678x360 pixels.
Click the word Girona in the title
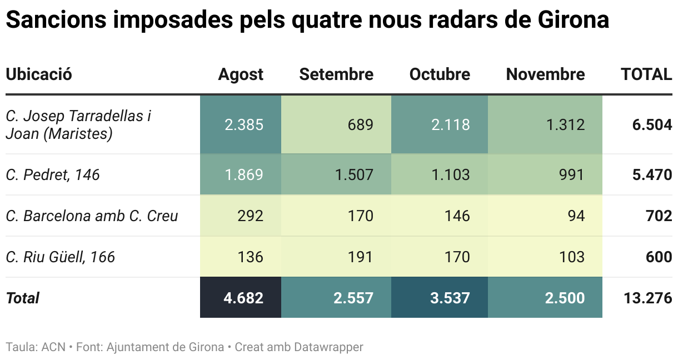pos(573,20)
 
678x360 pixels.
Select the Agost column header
pos(241,74)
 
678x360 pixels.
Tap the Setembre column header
pos(336,74)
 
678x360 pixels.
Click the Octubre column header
pos(440,74)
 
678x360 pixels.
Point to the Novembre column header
pos(545,74)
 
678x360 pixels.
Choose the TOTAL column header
pos(646,74)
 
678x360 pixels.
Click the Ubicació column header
pos(39,74)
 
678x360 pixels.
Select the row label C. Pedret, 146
pos(53,175)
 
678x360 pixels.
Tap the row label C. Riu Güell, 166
pos(61,257)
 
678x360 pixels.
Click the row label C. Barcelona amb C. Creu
pos(92,216)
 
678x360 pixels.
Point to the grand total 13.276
pos(648,298)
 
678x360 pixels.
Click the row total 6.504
pos(652,124)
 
